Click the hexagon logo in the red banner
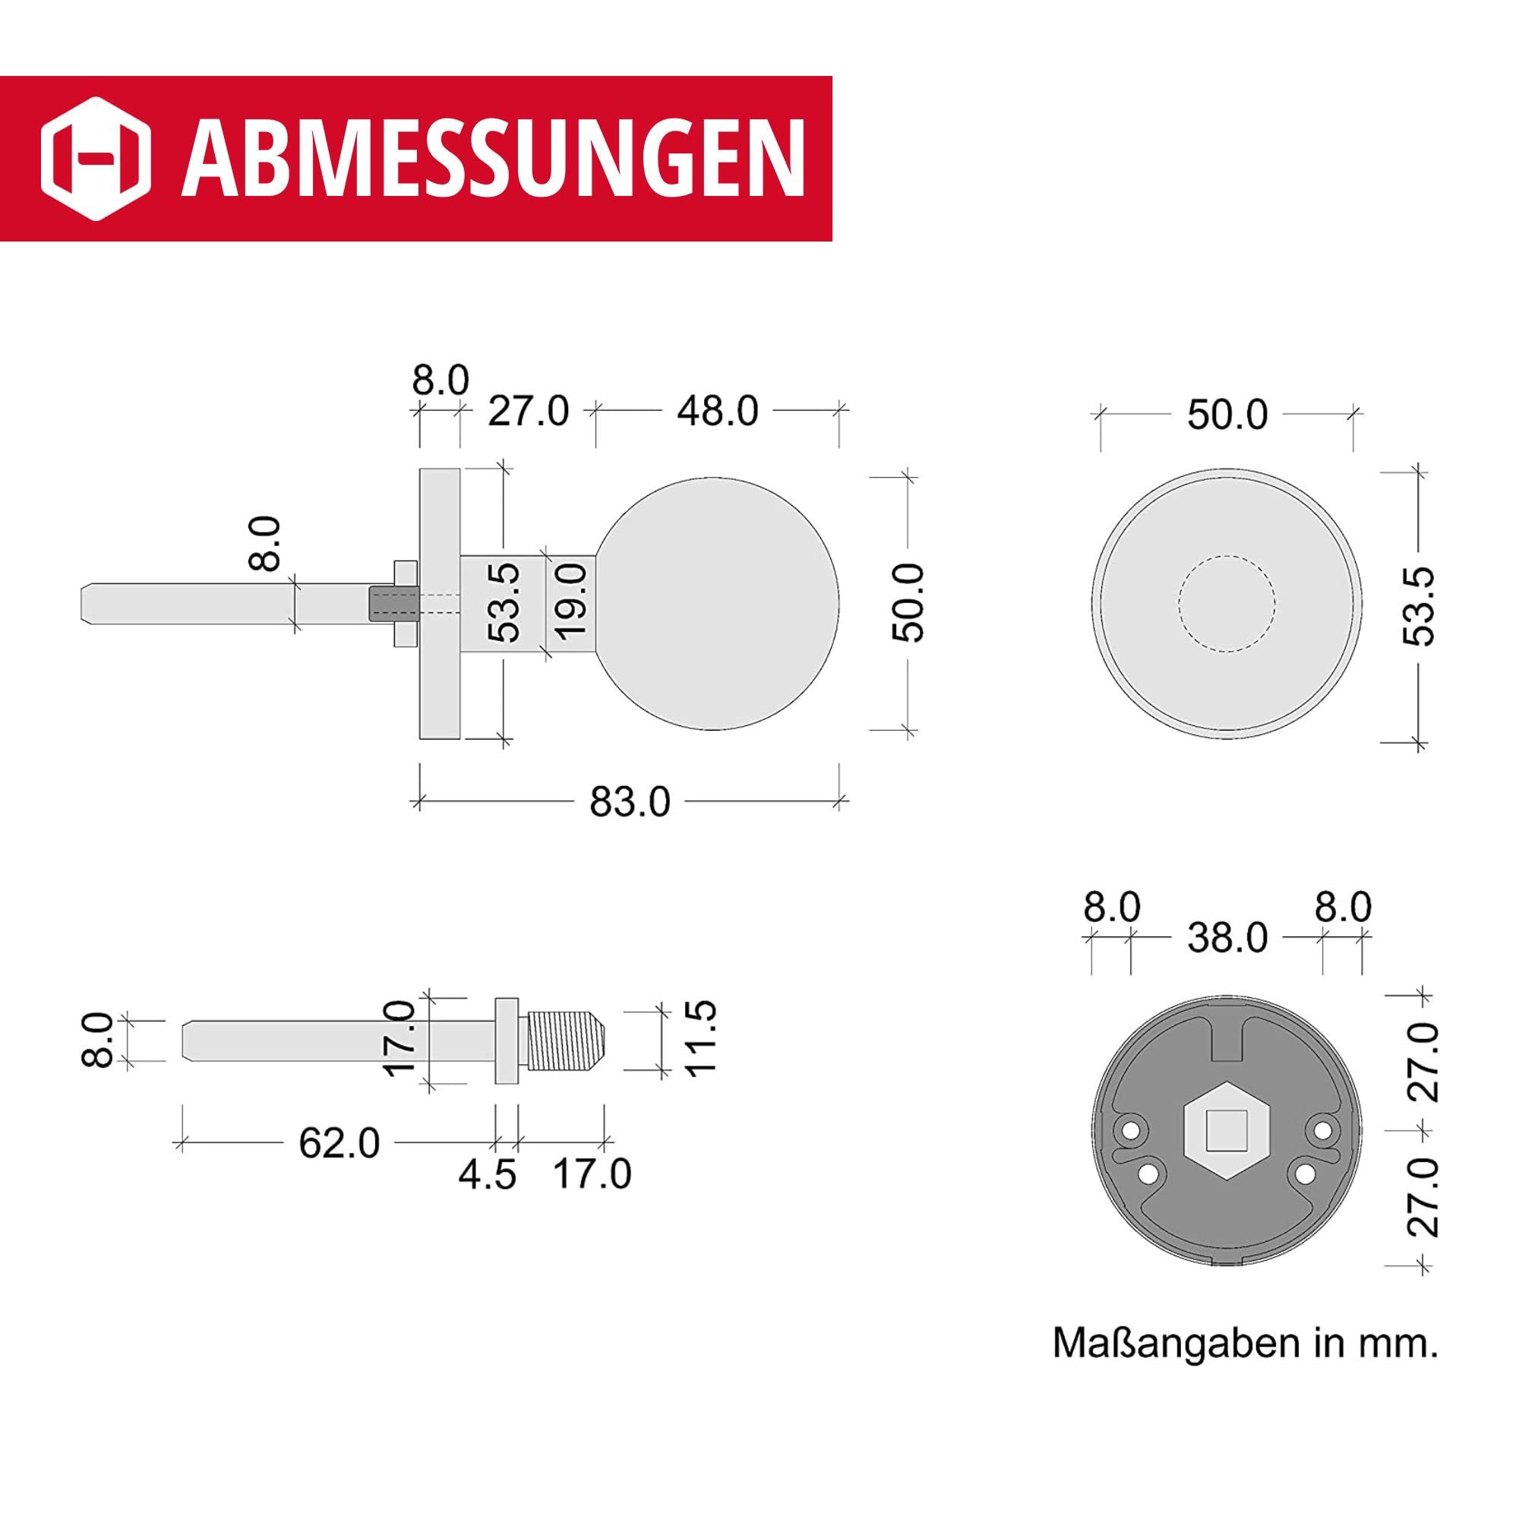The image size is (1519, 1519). [95, 158]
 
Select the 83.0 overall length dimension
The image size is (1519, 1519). [630, 803]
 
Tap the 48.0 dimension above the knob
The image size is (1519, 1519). [717, 411]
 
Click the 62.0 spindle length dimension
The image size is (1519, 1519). [339, 1143]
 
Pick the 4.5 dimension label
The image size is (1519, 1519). [488, 1175]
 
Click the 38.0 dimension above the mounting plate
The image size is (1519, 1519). [1227, 937]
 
